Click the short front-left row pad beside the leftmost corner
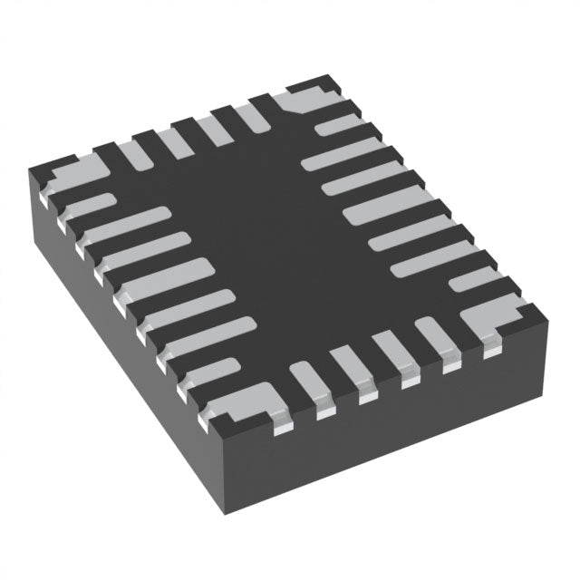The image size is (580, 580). (86, 208)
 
